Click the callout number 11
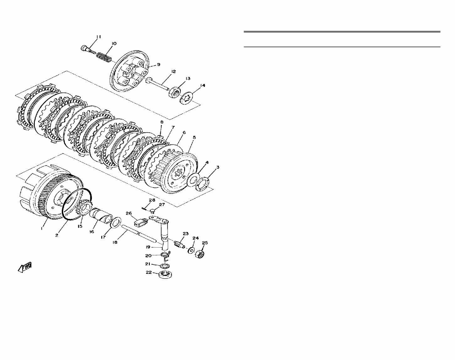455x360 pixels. click(99, 37)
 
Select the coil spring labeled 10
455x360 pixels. click(104, 56)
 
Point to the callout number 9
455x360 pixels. click(158, 64)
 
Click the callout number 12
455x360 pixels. click(173, 72)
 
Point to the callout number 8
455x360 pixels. click(162, 122)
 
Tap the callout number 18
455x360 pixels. click(115, 242)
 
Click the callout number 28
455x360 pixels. click(152, 200)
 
